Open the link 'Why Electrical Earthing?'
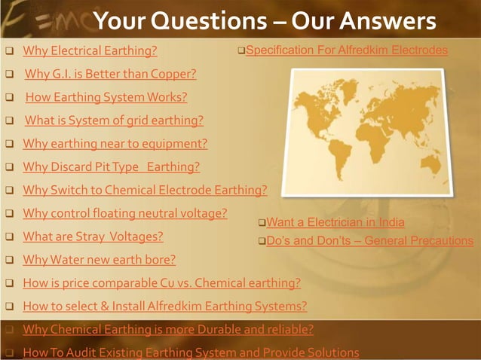tap(90, 51)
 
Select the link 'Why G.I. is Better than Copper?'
tap(111, 75)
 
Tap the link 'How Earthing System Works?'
tap(106, 97)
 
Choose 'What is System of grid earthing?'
tap(114, 121)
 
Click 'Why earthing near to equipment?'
tap(115, 144)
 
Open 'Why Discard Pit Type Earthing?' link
tap(112, 167)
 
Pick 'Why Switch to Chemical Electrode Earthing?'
tap(145, 190)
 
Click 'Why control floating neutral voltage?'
tap(125, 213)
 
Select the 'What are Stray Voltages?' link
tap(93, 236)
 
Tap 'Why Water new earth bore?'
tap(99, 260)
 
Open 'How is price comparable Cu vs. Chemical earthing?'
tap(161, 283)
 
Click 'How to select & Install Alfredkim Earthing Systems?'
tap(164, 307)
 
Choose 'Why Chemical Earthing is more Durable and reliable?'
tap(168, 329)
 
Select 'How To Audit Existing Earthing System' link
tap(191, 352)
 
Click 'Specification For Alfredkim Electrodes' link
tap(347, 50)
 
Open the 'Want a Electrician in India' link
tap(335, 222)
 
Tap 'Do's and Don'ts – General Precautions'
tap(369, 241)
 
